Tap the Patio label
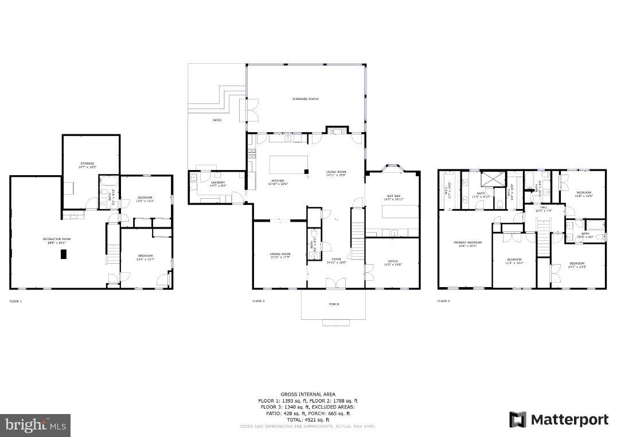coord(217,120)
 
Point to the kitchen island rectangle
coord(288,164)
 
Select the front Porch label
coord(333,304)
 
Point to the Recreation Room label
coord(56,240)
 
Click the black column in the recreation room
coord(64,254)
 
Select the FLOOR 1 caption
coord(15,301)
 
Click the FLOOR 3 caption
coord(443,301)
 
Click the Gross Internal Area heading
coord(308,395)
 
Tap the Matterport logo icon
coord(518,420)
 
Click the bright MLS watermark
coord(35,426)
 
